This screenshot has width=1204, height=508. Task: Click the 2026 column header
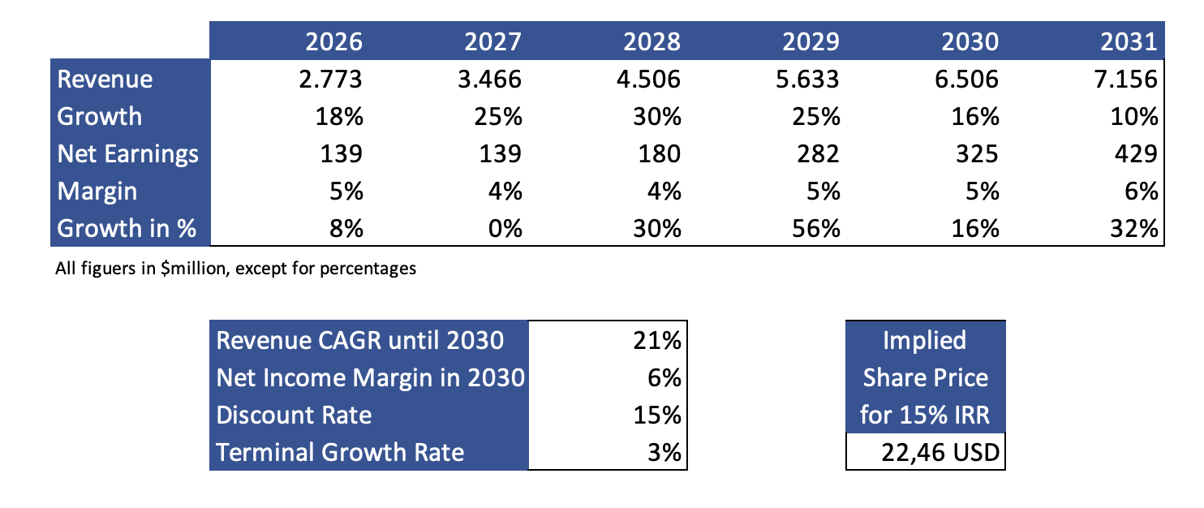[x=333, y=42]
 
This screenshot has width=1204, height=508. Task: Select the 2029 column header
[x=811, y=42]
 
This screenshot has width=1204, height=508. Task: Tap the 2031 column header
[x=1129, y=42]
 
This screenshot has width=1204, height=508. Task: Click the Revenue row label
[x=105, y=79]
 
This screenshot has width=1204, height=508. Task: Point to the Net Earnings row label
[x=128, y=154]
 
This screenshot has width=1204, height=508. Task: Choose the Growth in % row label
[x=127, y=229]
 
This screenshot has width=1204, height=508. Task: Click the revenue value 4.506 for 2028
[x=648, y=80]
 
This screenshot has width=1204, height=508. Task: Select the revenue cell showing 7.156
[x=1125, y=80]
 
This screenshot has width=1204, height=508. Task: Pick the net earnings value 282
[x=818, y=154]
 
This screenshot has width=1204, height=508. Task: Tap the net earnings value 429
[x=1136, y=154]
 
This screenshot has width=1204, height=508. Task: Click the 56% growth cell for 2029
[x=816, y=229]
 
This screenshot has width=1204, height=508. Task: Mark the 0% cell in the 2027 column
[x=505, y=229]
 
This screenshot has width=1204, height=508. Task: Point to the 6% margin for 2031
[x=1141, y=192]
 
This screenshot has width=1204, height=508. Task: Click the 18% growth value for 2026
[x=339, y=117]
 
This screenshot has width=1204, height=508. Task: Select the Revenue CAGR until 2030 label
[x=360, y=340]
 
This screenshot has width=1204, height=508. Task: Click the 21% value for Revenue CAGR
[x=657, y=340]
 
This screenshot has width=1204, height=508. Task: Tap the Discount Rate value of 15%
[x=657, y=415]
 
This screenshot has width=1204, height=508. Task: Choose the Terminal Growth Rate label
[x=340, y=452]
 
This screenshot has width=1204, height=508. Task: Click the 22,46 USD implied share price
[x=940, y=453]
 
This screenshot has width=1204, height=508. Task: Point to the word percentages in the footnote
[x=368, y=269]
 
